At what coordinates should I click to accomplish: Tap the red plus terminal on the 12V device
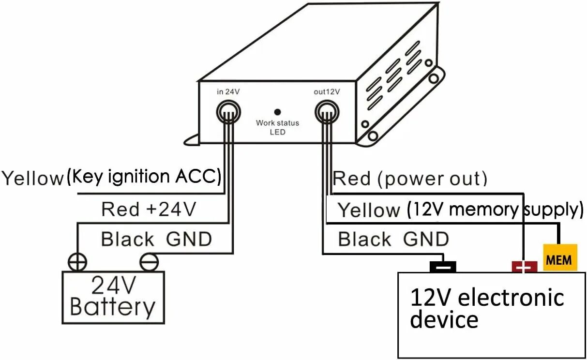click(x=524, y=267)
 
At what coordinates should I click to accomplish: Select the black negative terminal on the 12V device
click(x=443, y=266)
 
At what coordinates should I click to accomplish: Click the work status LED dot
click(x=277, y=112)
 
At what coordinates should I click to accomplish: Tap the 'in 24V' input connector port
click(x=228, y=111)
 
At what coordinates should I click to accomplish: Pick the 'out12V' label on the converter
click(x=327, y=91)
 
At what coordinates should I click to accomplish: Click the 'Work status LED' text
click(x=277, y=127)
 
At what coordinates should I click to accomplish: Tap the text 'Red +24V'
click(x=149, y=210)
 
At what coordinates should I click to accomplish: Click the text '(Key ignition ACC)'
click(x=144, y=177)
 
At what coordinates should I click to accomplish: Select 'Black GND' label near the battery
click(x=156, y=239)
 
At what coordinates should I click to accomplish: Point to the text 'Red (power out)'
click(x=410, y=179)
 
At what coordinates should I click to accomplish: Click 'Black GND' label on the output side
click(x=393, y=239)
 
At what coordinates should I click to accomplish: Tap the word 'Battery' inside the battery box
click(x=113, y=307)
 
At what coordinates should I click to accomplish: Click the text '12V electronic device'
click(x=486, y=308)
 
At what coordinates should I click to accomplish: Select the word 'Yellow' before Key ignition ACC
click(x=32, y=178)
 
